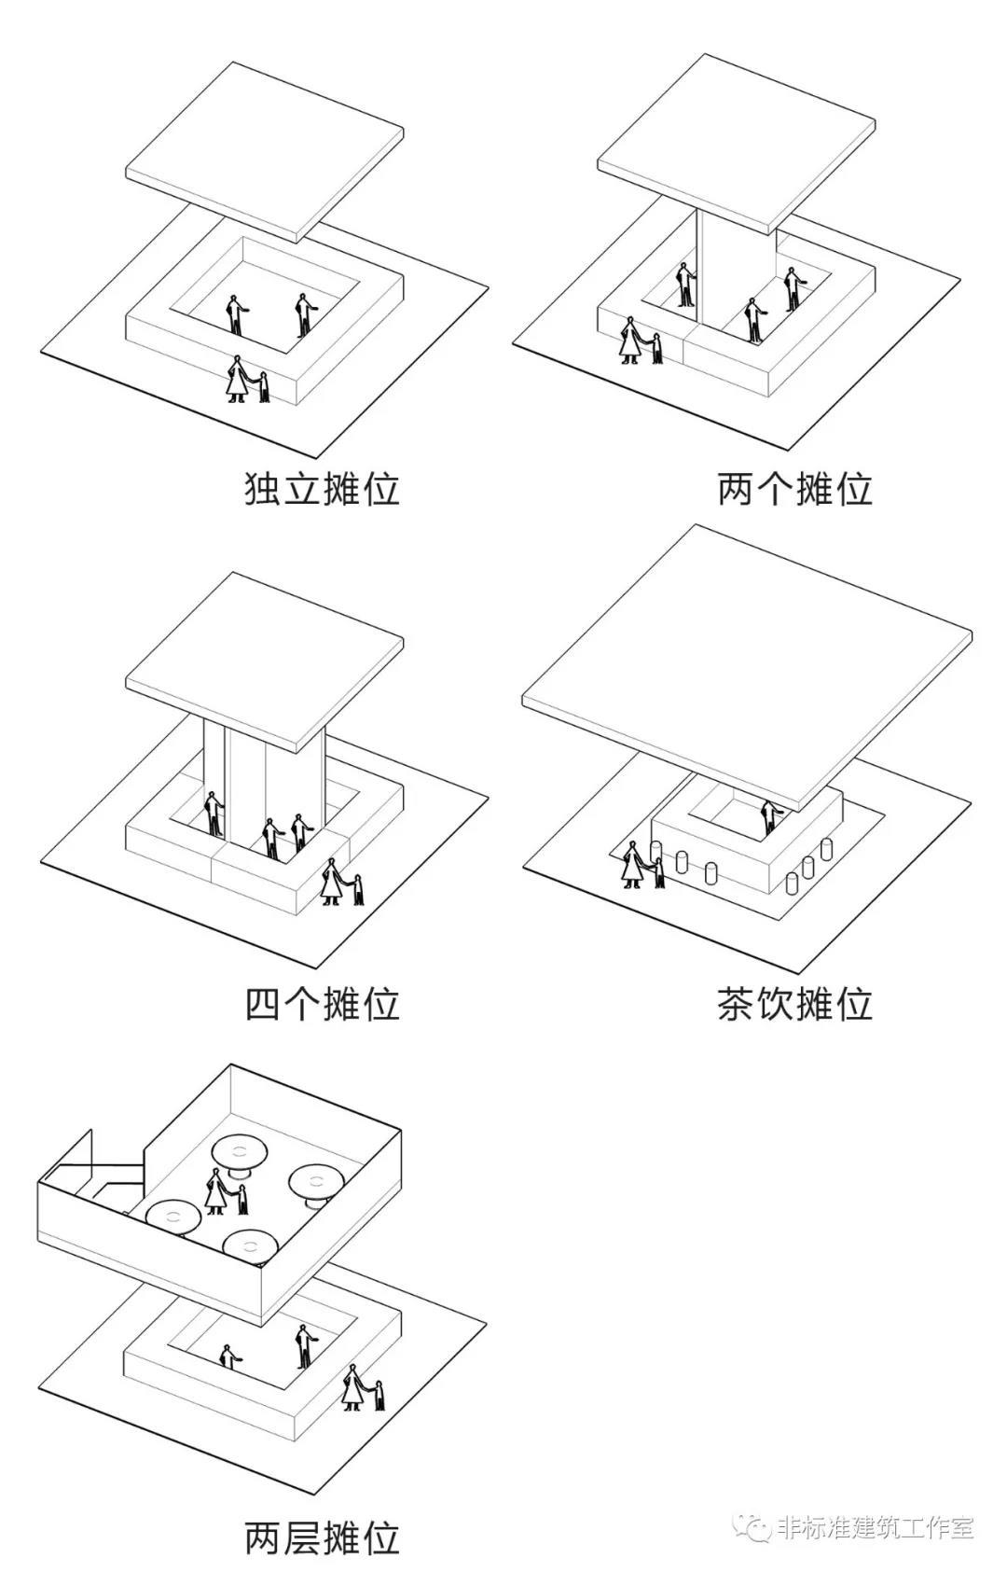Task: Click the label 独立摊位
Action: tap(322, 489)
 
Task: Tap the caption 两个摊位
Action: tap(794, 489)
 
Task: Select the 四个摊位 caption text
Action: tap(322, 1004)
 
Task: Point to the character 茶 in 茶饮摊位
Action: tap(736, 1004)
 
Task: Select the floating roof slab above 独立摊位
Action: tap(265, 151)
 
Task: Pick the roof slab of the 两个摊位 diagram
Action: tap(738, 144)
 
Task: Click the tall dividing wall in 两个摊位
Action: tap(737, 277)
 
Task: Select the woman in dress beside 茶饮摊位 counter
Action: tap(634, 865)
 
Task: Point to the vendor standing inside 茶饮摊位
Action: tap(770, 817)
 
